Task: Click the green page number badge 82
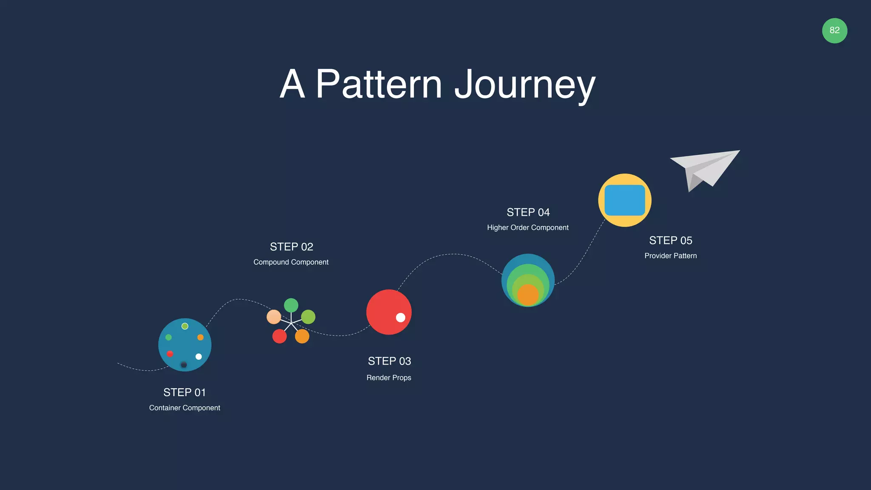(834, 31)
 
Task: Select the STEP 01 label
(185, 392)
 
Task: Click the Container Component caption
(185, 408)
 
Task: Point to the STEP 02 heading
(291, 247)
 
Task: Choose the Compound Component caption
(291, 262)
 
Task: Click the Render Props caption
(389, 378)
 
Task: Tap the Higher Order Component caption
(527, 228)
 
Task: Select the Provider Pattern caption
(670, 256)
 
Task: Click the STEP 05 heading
(670, 240)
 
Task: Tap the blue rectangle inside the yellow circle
(624, 200)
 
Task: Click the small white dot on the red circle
(400, 317)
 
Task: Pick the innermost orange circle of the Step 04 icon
(528, 295)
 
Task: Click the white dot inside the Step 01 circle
(199, 356)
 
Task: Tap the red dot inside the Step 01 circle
(170, 353)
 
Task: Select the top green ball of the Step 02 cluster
(291, 305)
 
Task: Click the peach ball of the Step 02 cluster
(273, 317)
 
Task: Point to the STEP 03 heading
(389, 361)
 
